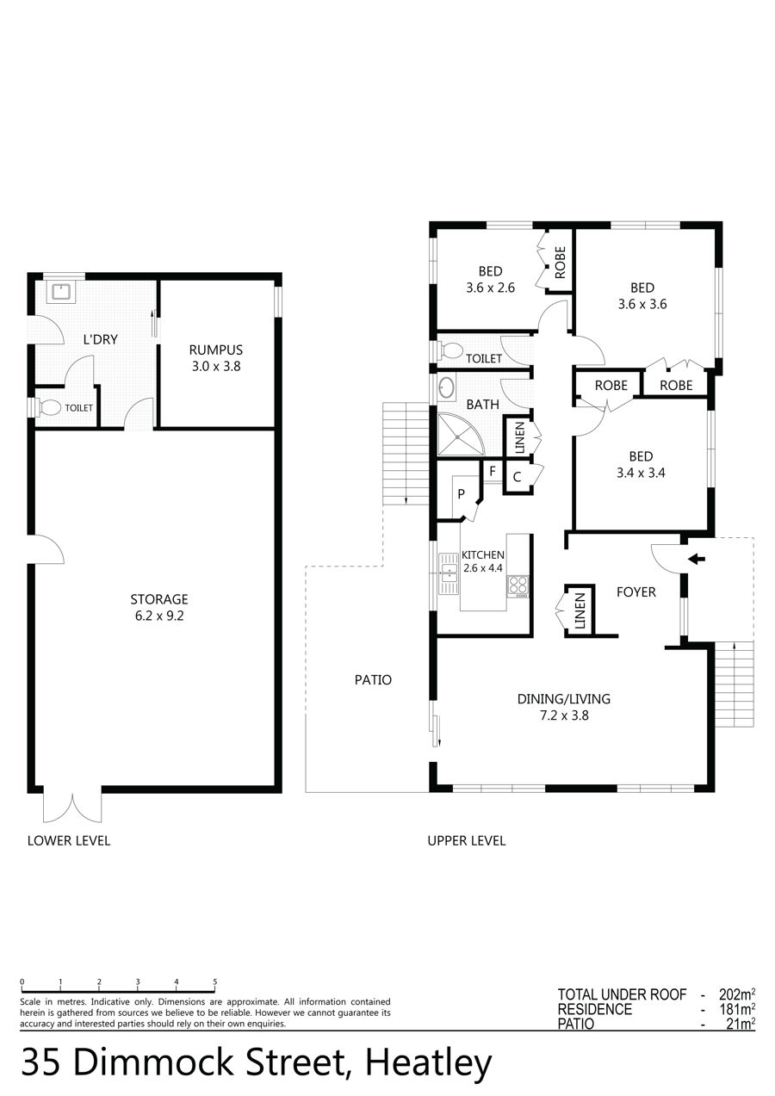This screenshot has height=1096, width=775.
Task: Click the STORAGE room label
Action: [159, 599]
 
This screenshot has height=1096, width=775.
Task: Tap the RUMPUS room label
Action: [216, 350]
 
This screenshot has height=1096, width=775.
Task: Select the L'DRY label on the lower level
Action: [100, 339]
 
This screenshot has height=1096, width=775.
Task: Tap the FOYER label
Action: [636, 592]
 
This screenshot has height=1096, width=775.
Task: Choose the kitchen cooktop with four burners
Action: [518, 586]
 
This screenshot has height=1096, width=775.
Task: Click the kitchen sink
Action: [448, 573]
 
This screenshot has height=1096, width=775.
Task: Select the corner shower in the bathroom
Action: [459, 435]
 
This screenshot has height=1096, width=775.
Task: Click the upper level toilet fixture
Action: [449, 350]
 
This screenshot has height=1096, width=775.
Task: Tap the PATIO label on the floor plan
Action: [373, 679]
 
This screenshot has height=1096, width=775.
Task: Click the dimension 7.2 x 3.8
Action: [564, 715]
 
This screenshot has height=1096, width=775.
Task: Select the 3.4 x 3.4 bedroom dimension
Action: [641, 473]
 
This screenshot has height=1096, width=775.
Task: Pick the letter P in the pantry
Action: [461, 494]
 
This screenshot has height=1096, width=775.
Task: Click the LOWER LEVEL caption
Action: [69, 840]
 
